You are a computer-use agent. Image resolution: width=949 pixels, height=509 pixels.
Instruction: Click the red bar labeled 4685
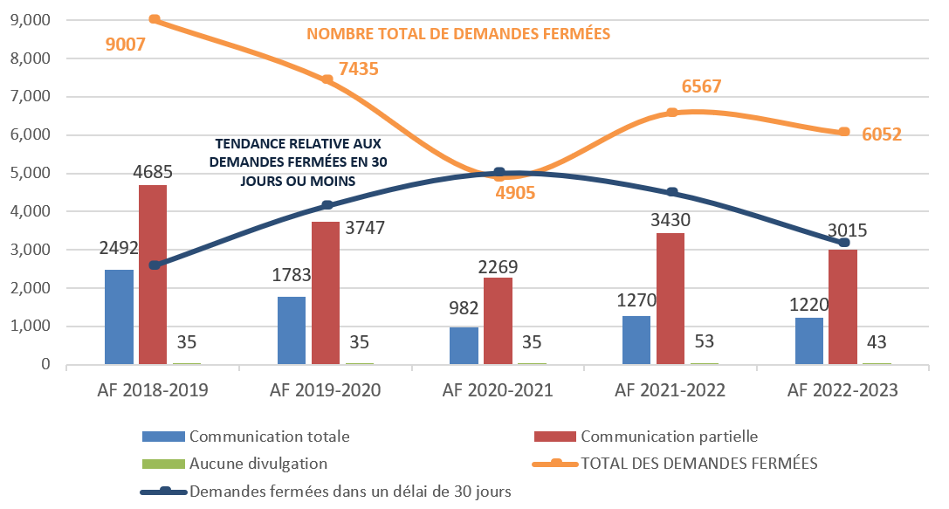[x=152, y=275]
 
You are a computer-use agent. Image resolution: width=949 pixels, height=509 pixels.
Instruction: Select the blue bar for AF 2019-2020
[x=292, y=330]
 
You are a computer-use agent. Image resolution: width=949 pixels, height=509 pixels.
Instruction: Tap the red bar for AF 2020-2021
[x=498, y=321]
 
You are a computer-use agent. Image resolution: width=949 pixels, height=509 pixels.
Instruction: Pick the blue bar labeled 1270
[x=636, y=340]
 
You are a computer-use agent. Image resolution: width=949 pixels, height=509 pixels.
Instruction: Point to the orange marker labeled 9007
[x=155, y=19]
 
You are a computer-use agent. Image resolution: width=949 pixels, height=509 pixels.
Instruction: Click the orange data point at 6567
[x=671, y=113]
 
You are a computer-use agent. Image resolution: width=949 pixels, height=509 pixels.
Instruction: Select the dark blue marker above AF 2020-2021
[x=499, y=173]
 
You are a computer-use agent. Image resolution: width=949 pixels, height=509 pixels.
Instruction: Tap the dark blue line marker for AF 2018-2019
[x=155, y=265]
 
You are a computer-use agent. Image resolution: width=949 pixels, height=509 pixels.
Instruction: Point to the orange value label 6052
[x=880, y=134]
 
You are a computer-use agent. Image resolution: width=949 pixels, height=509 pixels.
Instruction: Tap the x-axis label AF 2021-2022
[x=670, y=390]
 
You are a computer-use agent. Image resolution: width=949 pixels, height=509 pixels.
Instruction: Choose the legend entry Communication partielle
[x=667, y=436]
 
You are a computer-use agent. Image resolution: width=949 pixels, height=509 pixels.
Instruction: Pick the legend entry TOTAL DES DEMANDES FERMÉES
[x=699, y=464]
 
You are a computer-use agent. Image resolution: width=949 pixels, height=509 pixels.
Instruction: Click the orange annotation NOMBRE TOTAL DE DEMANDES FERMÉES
[x=457, y=34]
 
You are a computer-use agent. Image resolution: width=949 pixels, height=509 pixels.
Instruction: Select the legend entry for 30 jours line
[x=349, y=492]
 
